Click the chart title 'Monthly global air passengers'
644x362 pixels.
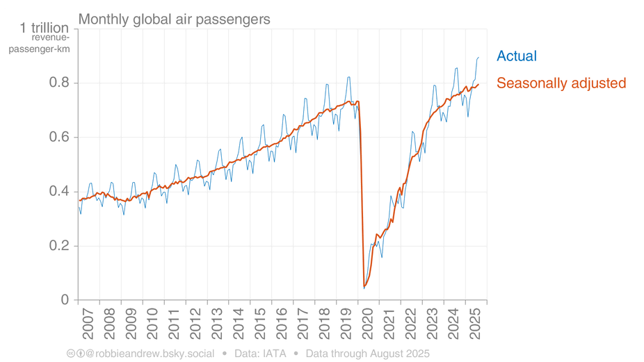[x=174, y=19]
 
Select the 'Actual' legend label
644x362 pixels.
[x=517, y=56]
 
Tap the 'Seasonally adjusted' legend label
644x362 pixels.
[x=561, y=83]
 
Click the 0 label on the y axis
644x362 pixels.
[x=65, y=300]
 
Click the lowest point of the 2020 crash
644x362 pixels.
[x=364, y=287]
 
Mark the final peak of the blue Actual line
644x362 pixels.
[x=478, y=58]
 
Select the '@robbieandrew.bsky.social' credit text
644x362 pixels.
[x=150, y=354]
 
